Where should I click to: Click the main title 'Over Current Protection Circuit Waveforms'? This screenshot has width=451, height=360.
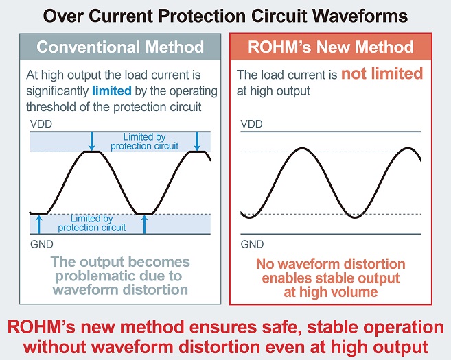225,14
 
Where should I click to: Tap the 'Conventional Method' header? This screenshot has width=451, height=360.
120,47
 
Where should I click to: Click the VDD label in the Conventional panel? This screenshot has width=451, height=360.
40,124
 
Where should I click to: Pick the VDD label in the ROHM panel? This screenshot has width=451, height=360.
251,124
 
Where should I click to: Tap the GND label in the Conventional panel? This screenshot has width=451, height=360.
40,243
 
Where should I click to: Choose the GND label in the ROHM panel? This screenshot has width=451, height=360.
251,243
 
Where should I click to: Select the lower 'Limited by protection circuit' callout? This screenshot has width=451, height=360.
91,223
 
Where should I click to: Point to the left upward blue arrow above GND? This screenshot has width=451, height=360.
39,224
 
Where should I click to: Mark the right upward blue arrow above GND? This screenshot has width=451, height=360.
145,224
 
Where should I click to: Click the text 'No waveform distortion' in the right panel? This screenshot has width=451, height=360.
331,264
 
